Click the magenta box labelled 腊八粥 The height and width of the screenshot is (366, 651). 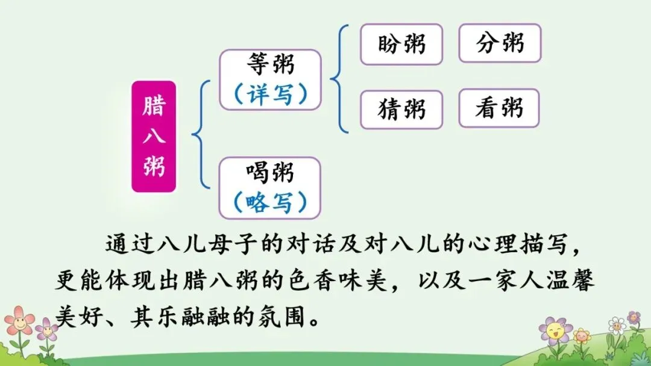point(154,137)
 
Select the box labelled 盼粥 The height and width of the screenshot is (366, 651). point(401,44)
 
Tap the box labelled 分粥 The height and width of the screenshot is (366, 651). point(500,43)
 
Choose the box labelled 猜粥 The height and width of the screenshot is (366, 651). point(401,110)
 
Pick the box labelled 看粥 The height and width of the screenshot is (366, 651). point(498,108)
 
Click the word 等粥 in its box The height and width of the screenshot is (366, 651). point(270,64)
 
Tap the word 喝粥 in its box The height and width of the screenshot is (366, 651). point(270,173)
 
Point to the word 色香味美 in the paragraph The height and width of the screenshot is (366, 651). point(338,281)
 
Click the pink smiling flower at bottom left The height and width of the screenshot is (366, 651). point(19,322)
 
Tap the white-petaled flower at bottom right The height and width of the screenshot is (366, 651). point(617,326)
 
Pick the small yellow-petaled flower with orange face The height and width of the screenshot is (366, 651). point(581,336)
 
